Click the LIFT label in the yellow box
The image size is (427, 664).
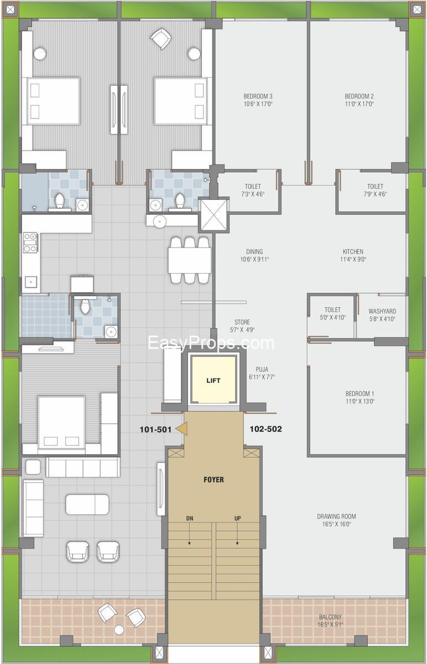pos(213,380)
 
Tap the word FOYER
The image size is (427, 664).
pos(213,480)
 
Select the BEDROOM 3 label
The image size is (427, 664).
pos(258,96)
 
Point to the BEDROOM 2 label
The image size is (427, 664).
pos(359,96)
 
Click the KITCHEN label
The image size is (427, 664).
pos(353,251)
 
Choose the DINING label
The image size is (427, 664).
pos(254,251)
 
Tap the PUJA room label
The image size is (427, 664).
pos(262,369)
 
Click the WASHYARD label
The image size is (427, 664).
pos(382,311)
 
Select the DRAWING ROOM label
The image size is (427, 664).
pos(336,516)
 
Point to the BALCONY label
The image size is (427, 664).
pos(330,617)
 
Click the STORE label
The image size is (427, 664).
pos(242,322)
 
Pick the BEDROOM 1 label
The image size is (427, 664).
pos(360,393)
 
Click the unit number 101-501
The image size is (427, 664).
pos(155,429)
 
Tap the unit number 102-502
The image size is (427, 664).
pos(265,429)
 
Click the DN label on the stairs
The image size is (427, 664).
pos(189,518)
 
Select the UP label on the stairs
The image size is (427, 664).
pos(238,518)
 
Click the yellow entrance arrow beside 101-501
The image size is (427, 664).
pos(182,429)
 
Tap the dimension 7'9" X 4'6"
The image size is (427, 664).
pos(375,194)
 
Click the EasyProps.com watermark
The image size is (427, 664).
pos(211,342)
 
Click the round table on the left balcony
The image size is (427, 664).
pos(119,630)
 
